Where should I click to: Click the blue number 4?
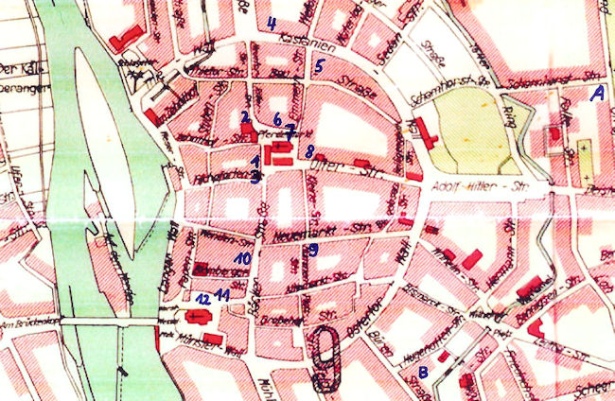coord(272,24)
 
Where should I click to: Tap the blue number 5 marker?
coord(320,66)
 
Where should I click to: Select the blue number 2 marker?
coord(244,115)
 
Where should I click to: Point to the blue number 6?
coord(277,119)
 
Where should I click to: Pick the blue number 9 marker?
coord(312,249)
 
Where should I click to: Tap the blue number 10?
coord(243,257)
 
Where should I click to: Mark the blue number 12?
coord(201,298)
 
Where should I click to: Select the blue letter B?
coord(424,372)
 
